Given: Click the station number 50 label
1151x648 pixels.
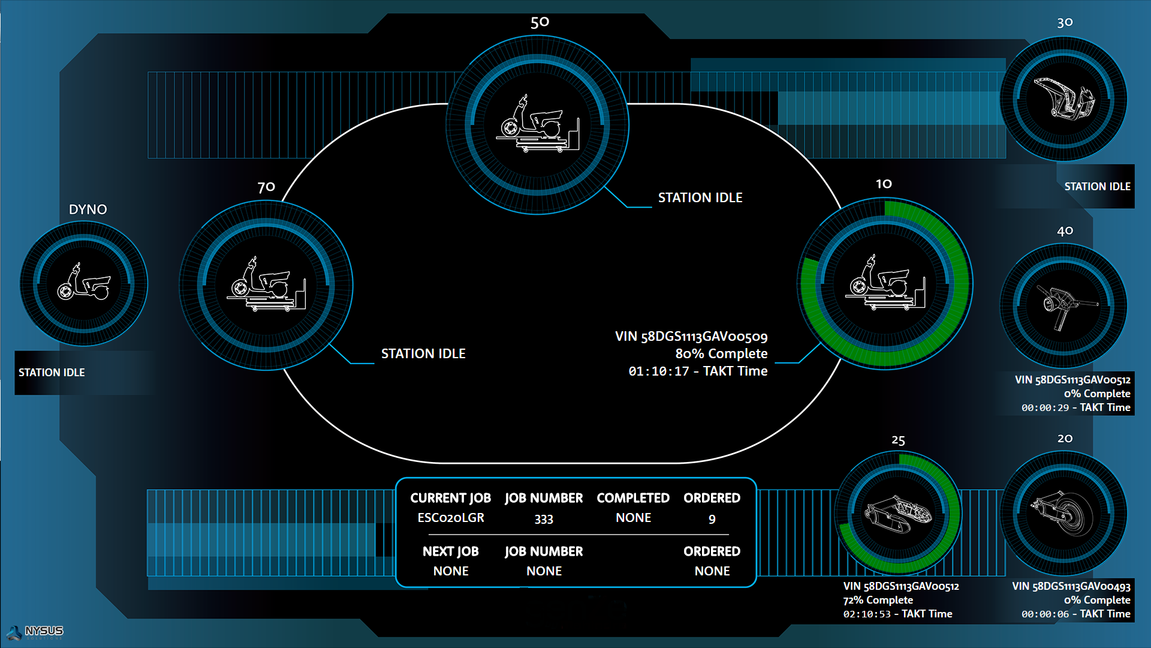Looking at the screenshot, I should tap(540, 23).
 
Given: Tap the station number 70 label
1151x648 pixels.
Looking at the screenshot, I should tap(266, 187).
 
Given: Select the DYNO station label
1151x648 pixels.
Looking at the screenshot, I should tap(88, 209).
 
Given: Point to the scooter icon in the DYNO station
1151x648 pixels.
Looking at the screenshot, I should tap(84, 282).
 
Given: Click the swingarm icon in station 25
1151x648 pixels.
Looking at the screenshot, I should tap(897, 514).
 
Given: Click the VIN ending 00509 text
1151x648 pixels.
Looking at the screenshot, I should tap(691, 337).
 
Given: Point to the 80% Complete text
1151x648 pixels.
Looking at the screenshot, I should tap(721, 354).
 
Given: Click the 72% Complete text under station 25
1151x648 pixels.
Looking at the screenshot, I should tap(878, 600).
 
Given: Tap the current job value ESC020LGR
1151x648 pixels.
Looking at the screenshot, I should tap(451, 518).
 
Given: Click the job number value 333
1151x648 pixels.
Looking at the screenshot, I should tap(544, 519).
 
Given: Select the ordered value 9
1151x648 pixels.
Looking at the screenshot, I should tap(712, 519).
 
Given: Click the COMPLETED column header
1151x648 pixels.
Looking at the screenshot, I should tap(633, 498).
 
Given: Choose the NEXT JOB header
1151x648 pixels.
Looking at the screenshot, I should tap(451, 551).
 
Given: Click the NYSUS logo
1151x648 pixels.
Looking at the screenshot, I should tap(36, 632).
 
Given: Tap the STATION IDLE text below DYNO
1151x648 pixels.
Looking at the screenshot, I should tap(52, 373).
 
